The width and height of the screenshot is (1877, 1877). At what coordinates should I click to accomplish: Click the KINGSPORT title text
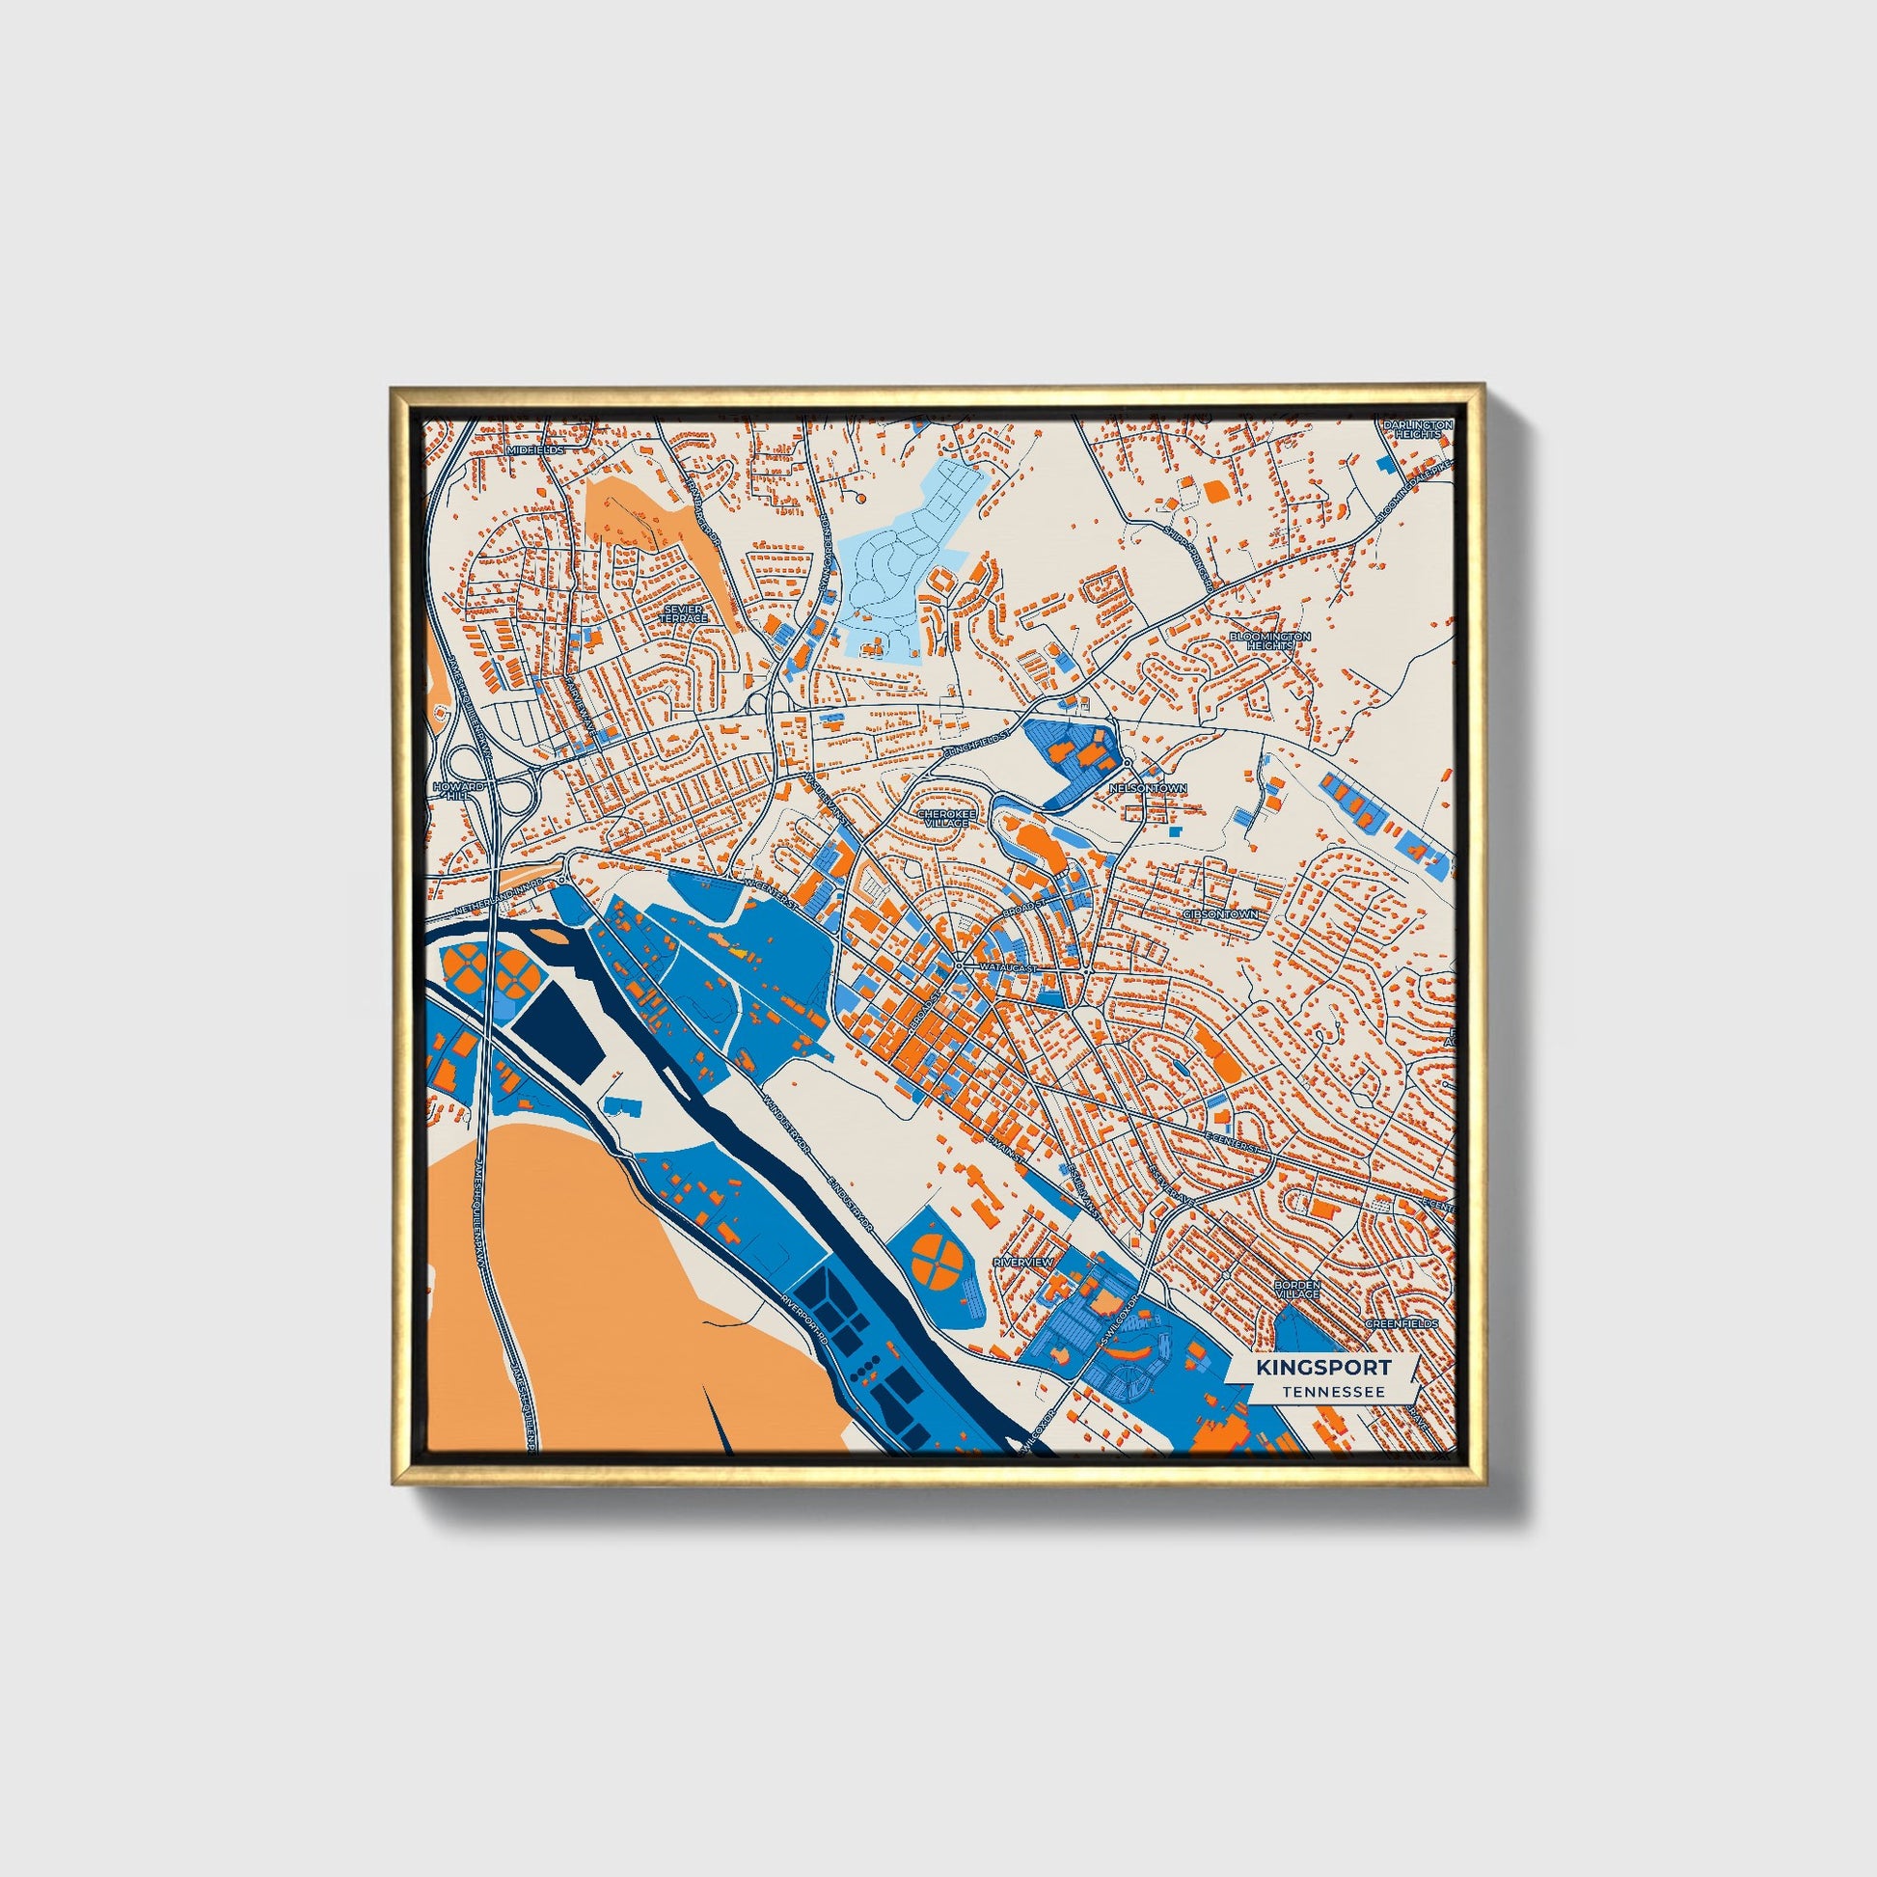tap(1322, 1367)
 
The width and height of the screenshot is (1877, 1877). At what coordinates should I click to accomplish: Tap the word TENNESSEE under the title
tap(1332, 1391)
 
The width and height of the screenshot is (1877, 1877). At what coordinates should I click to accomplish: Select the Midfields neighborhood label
tap(534, 450)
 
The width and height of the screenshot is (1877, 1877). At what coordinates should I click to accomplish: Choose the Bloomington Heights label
tap(1269, 640)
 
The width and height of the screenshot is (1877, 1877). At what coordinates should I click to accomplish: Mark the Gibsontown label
tap(1221, 914)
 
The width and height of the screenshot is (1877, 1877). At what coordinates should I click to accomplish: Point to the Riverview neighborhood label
tap(1023, 1261)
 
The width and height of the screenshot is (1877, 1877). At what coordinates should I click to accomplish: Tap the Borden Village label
tap(1297, 1290)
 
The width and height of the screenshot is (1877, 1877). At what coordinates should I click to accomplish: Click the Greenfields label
tap(1401, 1324)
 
